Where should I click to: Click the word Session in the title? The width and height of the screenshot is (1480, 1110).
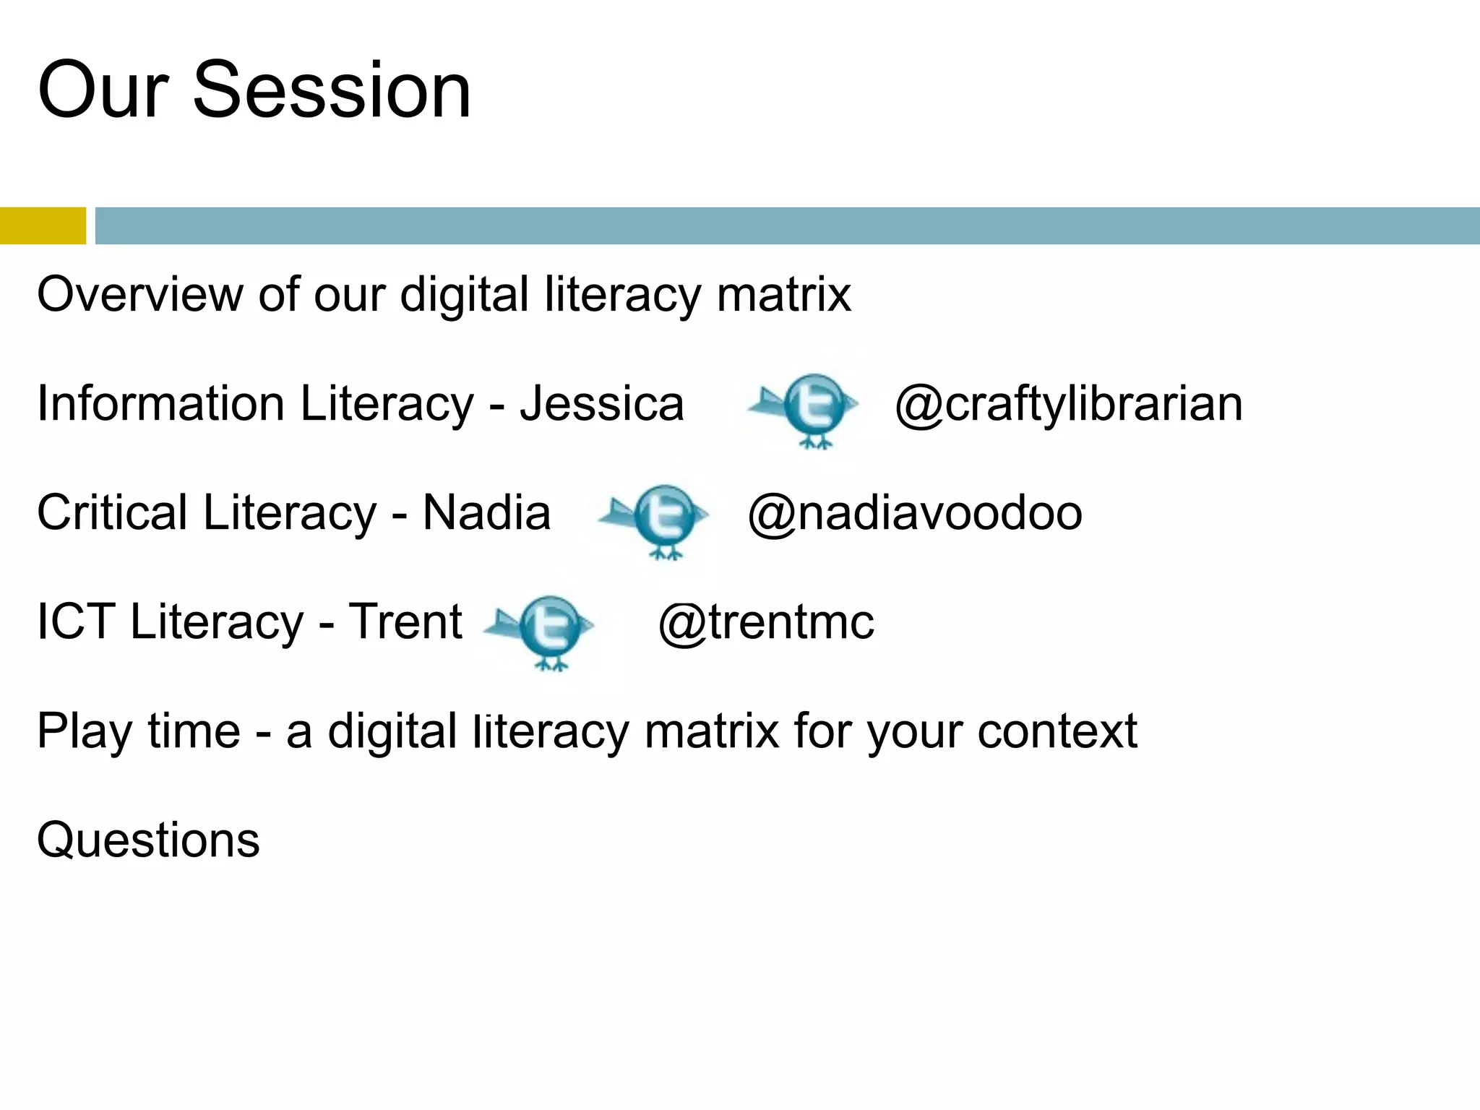pos(332,90)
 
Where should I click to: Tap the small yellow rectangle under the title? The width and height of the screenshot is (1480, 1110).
pos(43,225)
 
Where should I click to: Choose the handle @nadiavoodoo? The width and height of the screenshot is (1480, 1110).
pos(915,513)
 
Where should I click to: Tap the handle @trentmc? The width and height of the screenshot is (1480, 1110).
pos(766,622)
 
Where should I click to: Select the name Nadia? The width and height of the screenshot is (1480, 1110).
pos(486,513)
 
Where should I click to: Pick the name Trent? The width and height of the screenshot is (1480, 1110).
pos(405,622)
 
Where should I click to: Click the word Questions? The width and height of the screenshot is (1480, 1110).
pos(148,840)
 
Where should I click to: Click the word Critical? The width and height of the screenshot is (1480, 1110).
pos(112,513)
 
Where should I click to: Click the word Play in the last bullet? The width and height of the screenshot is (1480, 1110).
pos(85,731)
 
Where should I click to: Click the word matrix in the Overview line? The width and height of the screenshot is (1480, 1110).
pos(784,294)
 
